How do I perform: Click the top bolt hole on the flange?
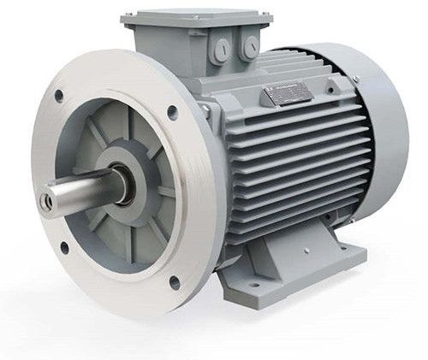172,110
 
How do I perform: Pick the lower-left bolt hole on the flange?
64,249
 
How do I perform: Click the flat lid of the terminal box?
196,15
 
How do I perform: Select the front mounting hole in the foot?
254,283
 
